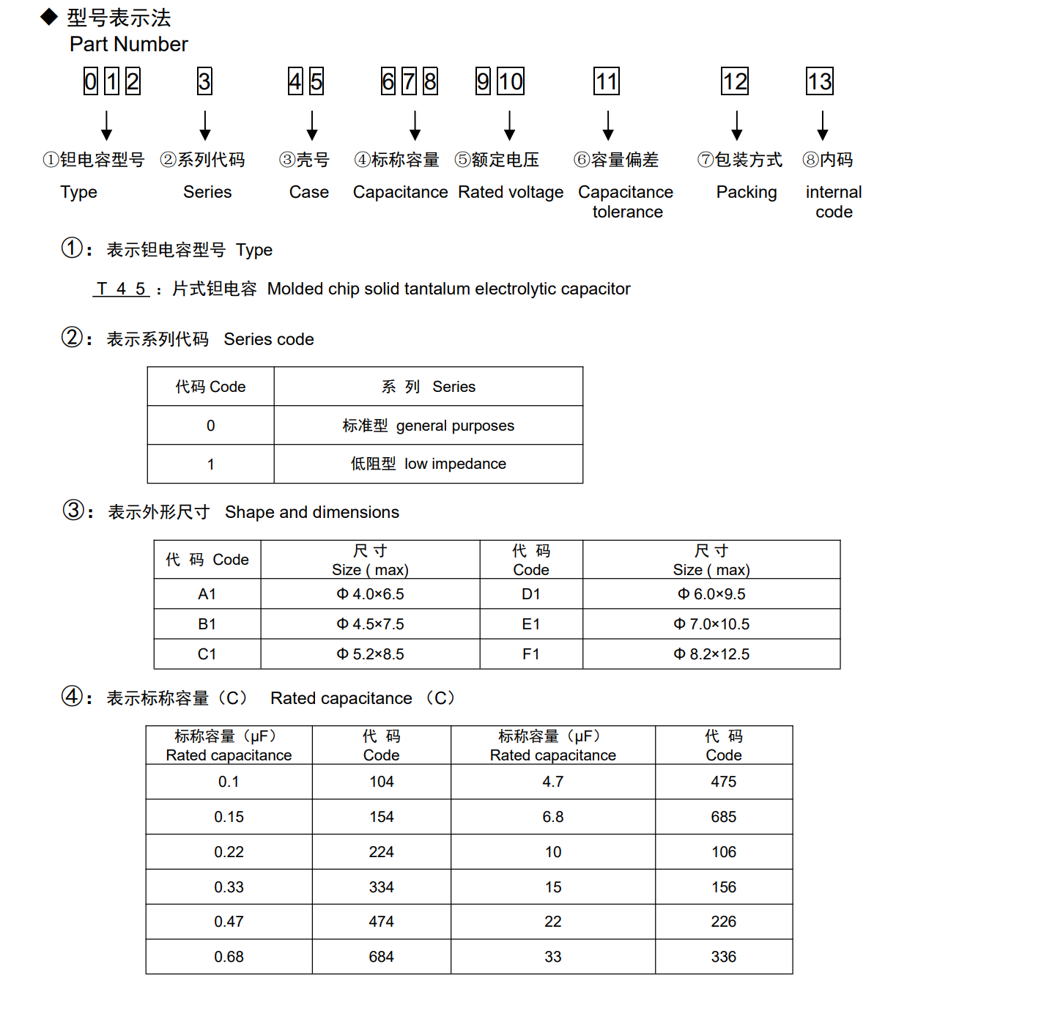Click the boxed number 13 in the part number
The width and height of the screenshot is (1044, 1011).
[x=820, y=81]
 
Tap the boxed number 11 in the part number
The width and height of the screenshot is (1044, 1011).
[x=607, y=81]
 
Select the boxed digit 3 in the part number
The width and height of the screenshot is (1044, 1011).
[x=204, y=81]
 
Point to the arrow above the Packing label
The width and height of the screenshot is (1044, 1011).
[x=736, y=125]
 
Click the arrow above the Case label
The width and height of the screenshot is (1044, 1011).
[x=312, y=125]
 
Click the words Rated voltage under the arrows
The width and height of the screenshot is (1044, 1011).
[x=511, y=192]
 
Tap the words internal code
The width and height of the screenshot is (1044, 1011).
[x=834, y=201]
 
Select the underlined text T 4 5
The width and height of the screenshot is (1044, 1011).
[x=121, y=289]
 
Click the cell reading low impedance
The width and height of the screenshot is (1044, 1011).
[x=429, y=464]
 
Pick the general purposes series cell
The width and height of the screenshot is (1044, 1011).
[x=429, y=426]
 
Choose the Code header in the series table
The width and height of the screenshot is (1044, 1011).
[x=210, y=387]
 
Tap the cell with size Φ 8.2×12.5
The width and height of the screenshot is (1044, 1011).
[x=711, y=654]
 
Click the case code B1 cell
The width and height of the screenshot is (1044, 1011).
[x=207, y=624]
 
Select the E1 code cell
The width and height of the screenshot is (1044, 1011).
[x=531, y=624]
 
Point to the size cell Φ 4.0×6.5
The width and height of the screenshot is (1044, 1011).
[x=370, y=594]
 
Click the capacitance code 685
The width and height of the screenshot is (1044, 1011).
[x=723, y=817]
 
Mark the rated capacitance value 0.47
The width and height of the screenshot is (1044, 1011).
[x=229, y=922]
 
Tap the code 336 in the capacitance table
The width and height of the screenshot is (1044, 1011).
[x=723, y=957]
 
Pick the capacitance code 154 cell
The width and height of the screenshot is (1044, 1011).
[x=381, y=817]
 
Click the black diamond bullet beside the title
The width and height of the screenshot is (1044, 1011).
[x=49, y=16]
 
